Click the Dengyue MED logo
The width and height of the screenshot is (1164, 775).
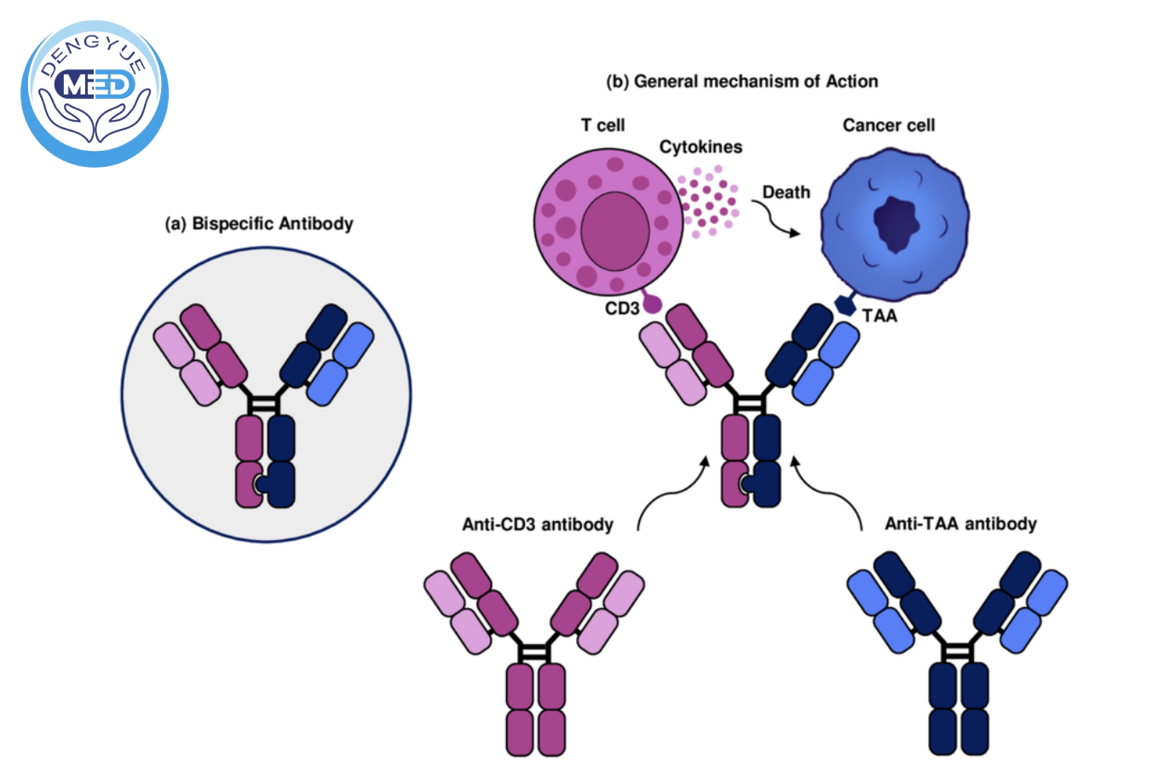[x=95, y=93]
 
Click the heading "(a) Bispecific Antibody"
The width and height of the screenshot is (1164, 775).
[x=259, y=224]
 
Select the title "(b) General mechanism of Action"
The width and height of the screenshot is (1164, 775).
[x=741, y=82]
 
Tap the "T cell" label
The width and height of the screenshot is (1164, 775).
[x=602, y=125]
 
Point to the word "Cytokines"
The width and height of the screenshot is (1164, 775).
[x=700, y=147]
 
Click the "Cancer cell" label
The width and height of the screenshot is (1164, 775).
[x=888, y=125]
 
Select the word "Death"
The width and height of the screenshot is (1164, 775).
[x=786, y=192]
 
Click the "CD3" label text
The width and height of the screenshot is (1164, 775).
[x=621, y=308]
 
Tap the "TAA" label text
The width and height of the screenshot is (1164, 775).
[x=879, y=316]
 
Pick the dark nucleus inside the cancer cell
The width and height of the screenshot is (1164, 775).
[x=896, y=223]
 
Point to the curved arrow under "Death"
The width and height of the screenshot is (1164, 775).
[x=776, y=221]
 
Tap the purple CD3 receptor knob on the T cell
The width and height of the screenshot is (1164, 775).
[x=652, y=302]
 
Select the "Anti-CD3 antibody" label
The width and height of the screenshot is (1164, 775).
[x=538, y=525]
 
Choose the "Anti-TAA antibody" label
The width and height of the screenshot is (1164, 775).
[x=960, y=524]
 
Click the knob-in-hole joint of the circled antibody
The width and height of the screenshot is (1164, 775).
[x=262, y=485]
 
